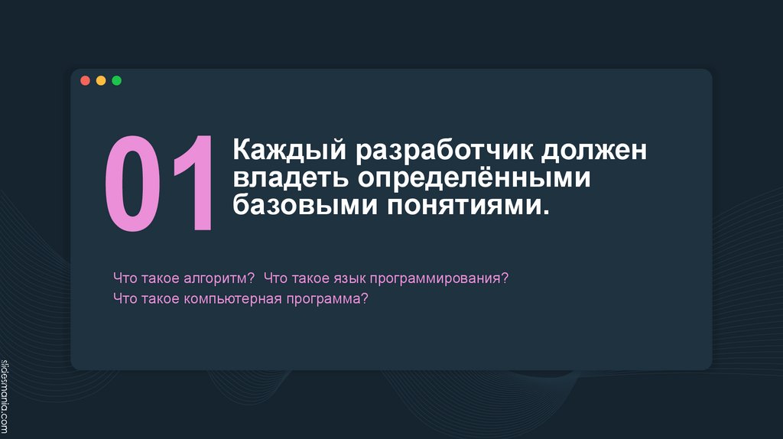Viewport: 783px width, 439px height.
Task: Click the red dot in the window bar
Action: point(85,80)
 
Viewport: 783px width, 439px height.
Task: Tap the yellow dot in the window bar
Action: point(101,80)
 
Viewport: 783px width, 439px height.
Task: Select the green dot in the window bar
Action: point(116,80)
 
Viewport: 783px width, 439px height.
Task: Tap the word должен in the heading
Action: point(595,151)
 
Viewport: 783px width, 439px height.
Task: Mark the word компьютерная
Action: point(232,298)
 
